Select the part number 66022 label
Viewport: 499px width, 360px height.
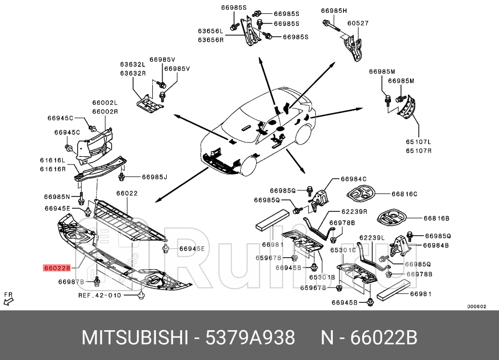[127, 193]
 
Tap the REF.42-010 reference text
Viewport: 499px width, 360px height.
[100, 296]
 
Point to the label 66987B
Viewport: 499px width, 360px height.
[71, 282]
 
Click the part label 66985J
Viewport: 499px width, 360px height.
[155, 177]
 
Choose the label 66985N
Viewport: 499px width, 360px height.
[57, 197]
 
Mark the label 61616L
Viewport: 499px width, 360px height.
[52, 160]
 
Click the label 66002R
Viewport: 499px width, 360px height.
[105, 112]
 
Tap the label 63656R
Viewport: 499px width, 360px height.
[211, 39]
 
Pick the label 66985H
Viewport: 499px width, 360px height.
[334, 10]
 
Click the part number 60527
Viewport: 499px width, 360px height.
[358, 23]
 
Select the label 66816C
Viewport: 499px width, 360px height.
[404, 194]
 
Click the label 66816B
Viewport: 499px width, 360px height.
[437, 218]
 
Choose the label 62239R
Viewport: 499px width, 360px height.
[354, 211]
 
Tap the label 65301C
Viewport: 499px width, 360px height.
[343, 250]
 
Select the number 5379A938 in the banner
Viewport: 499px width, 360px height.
[250, 338]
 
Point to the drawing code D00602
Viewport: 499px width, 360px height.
[476, 307]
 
